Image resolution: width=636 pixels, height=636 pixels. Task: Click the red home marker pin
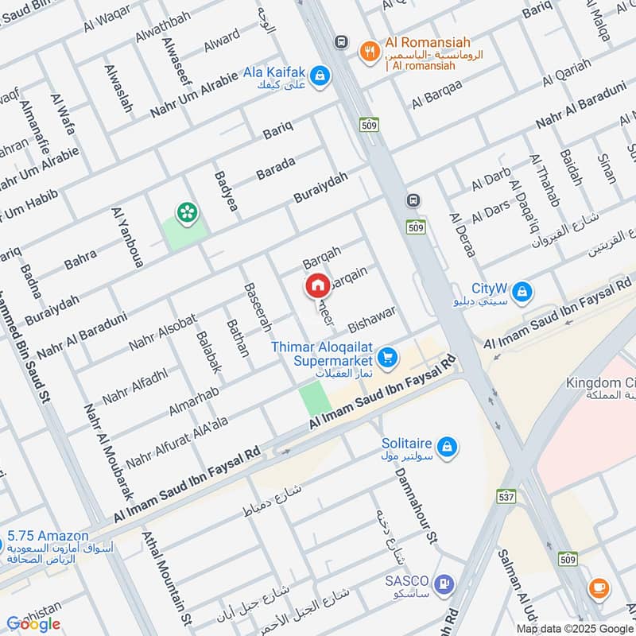tap(317, 285)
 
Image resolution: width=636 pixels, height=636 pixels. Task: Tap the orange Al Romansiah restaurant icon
tap(368, 50)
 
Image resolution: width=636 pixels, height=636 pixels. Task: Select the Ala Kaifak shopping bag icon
tap(322, 76)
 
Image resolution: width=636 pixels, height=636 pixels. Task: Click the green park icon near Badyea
tap(188, 211)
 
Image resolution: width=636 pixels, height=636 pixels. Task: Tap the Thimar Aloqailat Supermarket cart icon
tap(387, 359)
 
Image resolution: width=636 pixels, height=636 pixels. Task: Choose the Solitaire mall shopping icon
tap(448, 444)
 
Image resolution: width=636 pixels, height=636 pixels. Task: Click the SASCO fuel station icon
tap(444, 585)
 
